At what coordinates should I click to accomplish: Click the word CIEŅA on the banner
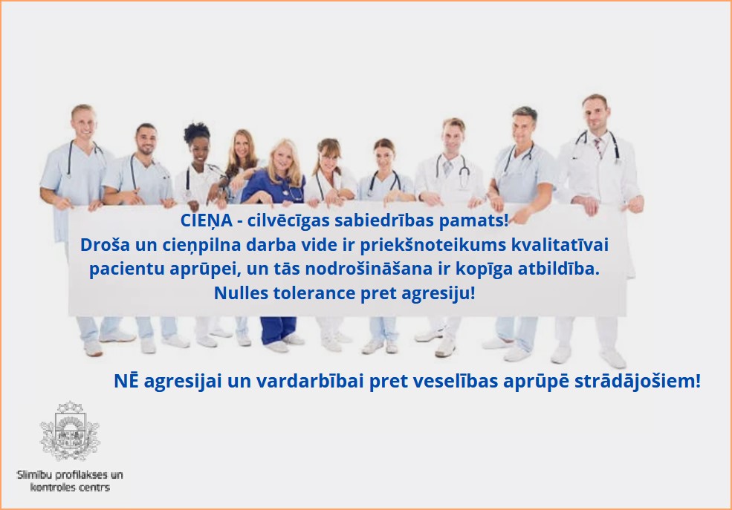coord(207,220)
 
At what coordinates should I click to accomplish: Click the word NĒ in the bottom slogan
coord(126,381)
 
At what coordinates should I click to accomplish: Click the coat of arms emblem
coord(70,431)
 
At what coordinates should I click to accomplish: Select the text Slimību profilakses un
coord(70,475)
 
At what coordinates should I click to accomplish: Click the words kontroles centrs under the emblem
coord(70,487)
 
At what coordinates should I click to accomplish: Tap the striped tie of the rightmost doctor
coord(598,148)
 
